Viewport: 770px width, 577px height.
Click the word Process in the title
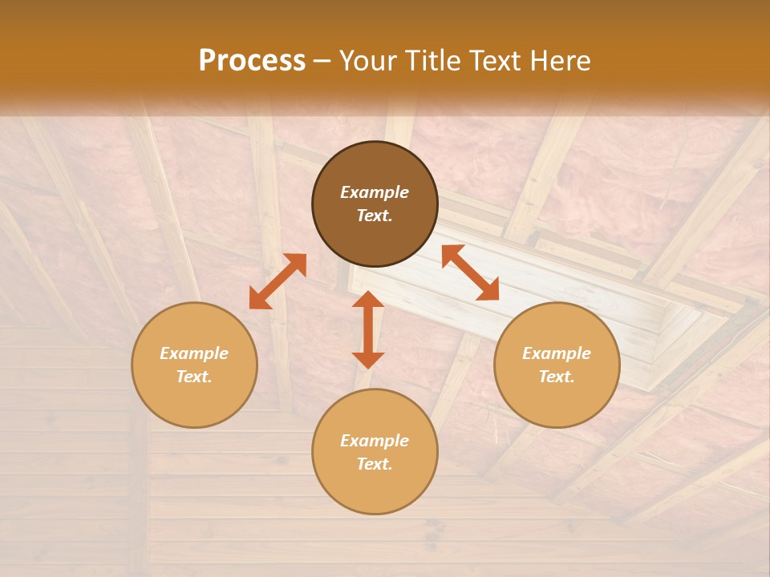tap(252, 61)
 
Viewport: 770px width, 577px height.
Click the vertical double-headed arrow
tap(368, 329)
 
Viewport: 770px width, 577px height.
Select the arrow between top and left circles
tap(278, 281)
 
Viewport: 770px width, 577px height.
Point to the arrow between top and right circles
tap(470, 272)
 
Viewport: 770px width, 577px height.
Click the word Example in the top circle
tap(375, 192)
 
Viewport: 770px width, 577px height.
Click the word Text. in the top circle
tap(375, 216)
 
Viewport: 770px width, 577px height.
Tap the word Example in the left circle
tap(194, 353)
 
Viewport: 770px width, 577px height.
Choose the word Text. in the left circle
tap(194, 377)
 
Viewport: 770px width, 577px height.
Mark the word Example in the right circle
tap(557, 353)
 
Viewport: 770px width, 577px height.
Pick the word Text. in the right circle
tap(557, 377)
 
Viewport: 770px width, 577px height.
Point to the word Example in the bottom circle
tap(375, 441)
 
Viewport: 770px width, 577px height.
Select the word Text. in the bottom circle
tap(375, 464)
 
